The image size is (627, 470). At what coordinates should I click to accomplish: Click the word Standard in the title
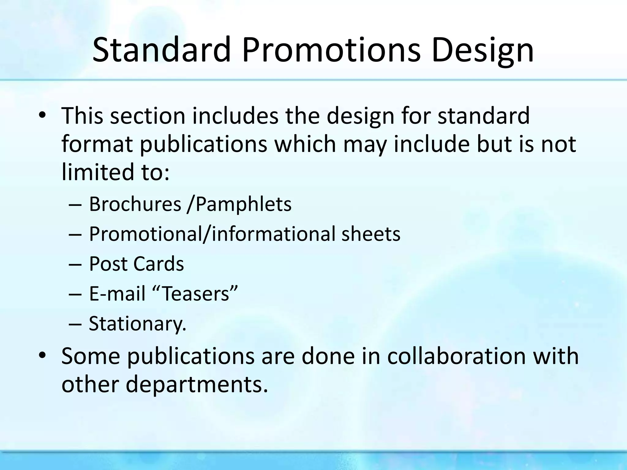[x=161, y=50]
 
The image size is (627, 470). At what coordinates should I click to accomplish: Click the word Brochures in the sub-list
[x=135, y=204]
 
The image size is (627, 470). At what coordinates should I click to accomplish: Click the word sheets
[x=371, y=234]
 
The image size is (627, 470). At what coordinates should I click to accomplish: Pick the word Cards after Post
[x=159, y=264]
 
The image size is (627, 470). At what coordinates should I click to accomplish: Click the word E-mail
[x=117, y=294]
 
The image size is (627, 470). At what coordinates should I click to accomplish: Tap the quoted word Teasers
[x=195, y=294]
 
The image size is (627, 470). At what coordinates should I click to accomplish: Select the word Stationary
[x=137, y=324]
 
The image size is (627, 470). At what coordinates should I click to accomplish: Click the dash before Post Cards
[x=75, y=264]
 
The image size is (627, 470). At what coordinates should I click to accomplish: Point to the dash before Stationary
[x=75, y=324]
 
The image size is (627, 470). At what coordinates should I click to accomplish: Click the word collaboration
[x=456, y=356]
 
